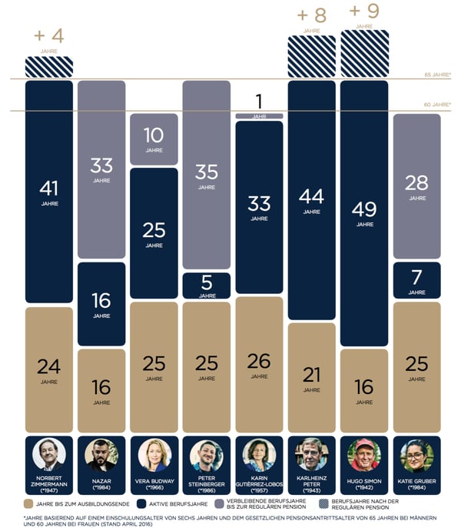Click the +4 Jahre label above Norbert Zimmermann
coord(48,37)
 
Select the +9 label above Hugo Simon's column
coord(364,12)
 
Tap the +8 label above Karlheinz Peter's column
coord(311,16)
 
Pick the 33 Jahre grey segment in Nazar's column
coord(101,169)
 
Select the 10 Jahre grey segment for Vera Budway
coord(154,139)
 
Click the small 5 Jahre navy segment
coord(206,286)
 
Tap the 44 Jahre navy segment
coord(311,200)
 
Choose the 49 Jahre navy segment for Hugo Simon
coord(364,211)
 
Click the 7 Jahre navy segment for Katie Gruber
coord(416,280)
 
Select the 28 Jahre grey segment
coord(416,186)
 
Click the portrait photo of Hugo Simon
coord(364,455)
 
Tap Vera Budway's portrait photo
coord(154,455)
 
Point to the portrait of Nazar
coord(101,455)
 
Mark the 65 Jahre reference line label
coord(436,75)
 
